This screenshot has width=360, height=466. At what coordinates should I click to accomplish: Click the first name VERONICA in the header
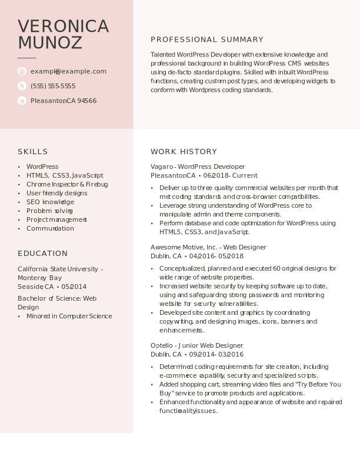coord(64,26)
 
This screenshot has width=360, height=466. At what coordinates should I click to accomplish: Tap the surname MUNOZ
coord(50,43)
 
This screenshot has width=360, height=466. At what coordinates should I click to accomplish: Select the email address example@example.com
coord(68,71)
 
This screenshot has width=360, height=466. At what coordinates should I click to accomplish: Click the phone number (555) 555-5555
coord(53,86)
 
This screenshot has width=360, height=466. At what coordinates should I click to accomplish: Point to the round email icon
coord(22,71)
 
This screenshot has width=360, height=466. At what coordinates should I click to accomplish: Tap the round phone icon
coord(22,86)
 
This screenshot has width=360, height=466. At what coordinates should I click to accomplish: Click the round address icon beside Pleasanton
coord(22,101)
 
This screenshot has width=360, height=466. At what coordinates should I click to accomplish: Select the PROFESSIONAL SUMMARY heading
coord(207,39)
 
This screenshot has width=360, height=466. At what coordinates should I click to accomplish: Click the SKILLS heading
coord(33,152)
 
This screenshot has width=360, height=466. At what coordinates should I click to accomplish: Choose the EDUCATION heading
coord(42,254)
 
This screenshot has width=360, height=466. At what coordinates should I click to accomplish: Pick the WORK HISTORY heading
coord(184,152)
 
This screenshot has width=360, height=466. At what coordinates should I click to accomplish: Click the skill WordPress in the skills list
coord(42,167)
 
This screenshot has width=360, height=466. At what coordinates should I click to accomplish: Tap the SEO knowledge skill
coord(50,202)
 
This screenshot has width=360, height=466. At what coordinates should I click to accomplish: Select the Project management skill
coord(56,219)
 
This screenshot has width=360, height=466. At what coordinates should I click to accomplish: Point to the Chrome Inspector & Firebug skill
coord(67,184)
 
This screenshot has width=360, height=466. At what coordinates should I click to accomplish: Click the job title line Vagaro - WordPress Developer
coord(198,167)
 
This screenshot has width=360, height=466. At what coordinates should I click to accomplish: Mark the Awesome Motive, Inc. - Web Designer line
coord(208,247)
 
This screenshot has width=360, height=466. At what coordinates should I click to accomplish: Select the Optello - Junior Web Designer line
coord(196,345)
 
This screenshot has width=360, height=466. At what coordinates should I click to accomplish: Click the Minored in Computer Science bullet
coord(69,316)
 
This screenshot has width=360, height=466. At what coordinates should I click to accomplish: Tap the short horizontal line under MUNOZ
coord(27,58)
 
